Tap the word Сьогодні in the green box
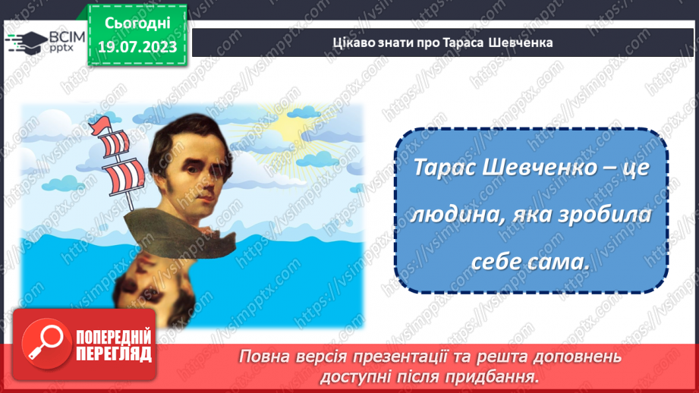point(137,24)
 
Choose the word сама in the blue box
point(561,263)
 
